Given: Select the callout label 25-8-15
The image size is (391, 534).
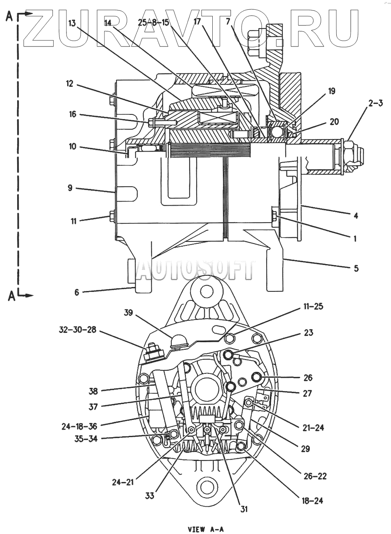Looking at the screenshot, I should coord(154,22).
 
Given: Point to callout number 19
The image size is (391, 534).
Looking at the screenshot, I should coord(331,91).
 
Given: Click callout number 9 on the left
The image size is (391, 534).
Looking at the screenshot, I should coord(70,188).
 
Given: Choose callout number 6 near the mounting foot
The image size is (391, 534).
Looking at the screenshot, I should coord(77,292).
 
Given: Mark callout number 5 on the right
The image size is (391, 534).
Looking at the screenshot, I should coord(355,268).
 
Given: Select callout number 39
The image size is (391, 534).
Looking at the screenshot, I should coord(129,313).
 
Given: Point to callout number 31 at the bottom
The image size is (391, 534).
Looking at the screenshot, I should coord(244,509).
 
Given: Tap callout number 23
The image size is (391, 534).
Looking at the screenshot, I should coord(308,333).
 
